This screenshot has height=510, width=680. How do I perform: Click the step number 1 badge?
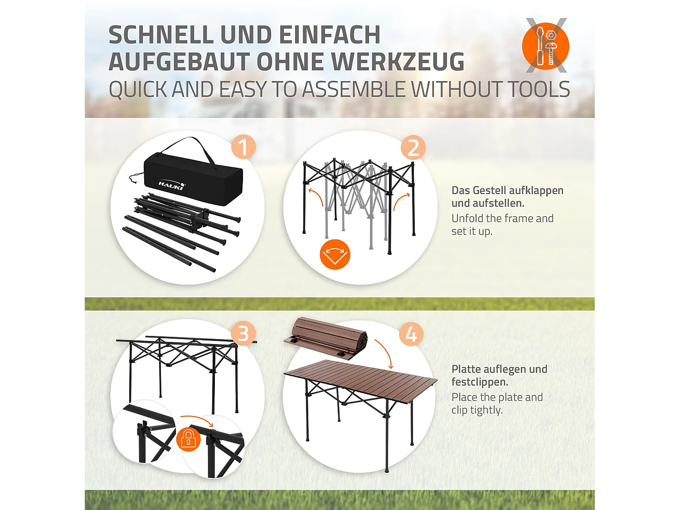243,147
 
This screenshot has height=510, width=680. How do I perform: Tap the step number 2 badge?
413,147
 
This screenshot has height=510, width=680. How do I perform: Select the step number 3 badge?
243,334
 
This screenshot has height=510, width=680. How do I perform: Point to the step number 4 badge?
411,335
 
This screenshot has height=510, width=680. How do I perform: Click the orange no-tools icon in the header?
545,46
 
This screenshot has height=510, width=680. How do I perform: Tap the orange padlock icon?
188,439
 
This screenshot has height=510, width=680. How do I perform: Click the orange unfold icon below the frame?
335,254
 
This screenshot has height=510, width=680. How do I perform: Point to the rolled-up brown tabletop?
325,339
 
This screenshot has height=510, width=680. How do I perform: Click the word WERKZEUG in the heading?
398,62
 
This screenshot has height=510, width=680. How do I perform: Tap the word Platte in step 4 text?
466,369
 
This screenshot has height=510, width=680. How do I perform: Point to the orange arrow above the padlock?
197,418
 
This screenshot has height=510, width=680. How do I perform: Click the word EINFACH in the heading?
330,35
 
